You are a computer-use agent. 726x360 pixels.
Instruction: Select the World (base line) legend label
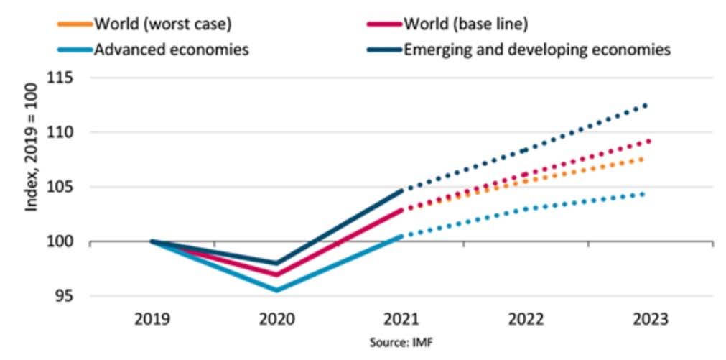(465, 23)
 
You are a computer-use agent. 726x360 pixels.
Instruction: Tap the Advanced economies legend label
(172, 50)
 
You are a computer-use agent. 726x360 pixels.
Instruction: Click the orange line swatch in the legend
(74, 24)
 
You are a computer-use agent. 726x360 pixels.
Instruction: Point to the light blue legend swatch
(74, 50)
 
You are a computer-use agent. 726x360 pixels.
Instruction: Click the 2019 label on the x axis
(152, 318)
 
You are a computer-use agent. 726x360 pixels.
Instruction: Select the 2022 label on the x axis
(526, 318)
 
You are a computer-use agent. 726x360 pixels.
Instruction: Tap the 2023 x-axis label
(650, 318)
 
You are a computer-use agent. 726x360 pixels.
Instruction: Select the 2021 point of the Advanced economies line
(401, 235)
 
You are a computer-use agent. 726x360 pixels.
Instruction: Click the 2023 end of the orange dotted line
(642, 159)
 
